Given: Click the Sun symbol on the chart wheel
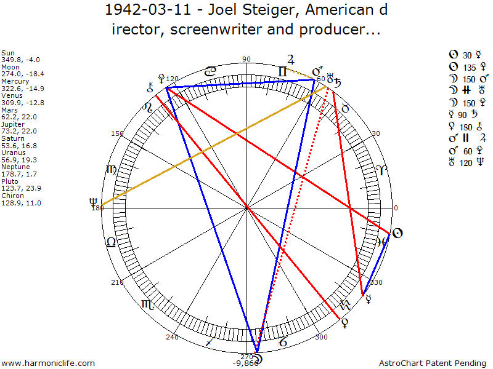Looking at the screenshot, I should click(397, 232).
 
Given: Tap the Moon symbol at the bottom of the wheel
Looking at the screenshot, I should click(256, 357).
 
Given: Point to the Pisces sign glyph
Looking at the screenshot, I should click(382, 241).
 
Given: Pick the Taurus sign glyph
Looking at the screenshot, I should click(346, 108).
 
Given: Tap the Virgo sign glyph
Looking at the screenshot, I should click(112, 170).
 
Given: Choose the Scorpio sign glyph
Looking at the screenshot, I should click(147, 304).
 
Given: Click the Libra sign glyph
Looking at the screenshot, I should click(112, 242).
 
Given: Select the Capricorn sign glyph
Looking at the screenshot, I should click(282, 340).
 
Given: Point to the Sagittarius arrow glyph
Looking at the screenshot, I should click(211, 340).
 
